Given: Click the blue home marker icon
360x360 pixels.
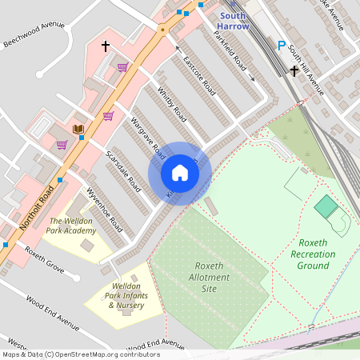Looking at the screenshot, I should point(179,173).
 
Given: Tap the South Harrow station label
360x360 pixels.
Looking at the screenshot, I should point(234,20).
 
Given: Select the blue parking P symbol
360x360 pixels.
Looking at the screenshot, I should point(280,46).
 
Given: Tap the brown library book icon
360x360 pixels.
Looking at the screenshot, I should point(78,130).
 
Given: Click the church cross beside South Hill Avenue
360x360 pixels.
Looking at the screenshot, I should point(294,71).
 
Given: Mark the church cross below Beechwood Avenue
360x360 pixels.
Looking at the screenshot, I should point(105,47).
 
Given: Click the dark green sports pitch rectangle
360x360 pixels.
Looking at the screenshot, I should point(326,207).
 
